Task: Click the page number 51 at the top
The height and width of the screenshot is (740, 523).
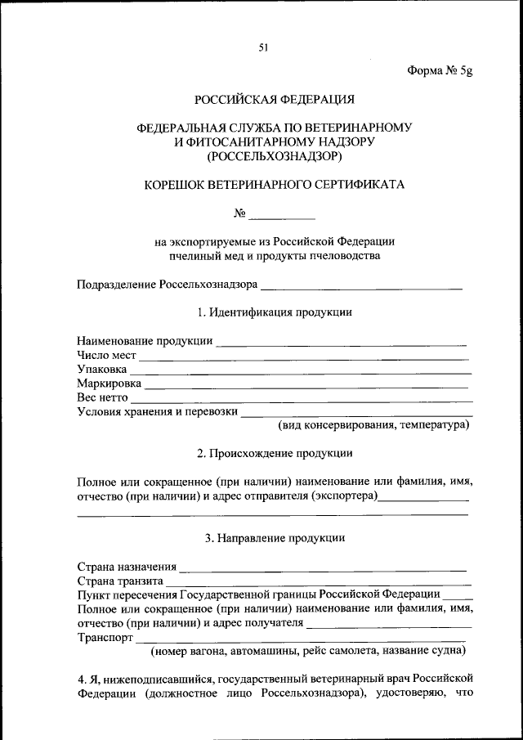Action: coord(264,47)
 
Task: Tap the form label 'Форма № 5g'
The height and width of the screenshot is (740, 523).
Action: coord(440,70)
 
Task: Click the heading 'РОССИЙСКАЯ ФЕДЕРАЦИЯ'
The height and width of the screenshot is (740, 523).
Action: coord(274,100)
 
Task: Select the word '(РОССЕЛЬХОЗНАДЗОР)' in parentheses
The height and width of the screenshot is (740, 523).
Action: coord(274,155)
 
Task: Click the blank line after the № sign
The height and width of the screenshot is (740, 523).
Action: coord(281,217)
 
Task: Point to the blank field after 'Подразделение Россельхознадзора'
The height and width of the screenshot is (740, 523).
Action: coord(361,285)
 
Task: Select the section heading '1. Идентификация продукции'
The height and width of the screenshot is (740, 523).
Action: coord(274,312)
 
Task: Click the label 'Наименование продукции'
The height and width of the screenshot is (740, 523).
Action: coord(145,340)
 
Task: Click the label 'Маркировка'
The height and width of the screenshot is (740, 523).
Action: coord(109,383)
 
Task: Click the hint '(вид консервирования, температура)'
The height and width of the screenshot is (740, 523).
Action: coord(373,426)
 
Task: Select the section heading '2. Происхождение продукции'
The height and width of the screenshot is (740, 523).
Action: coord(274,453)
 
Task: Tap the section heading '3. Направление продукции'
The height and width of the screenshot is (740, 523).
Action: coord(274,538)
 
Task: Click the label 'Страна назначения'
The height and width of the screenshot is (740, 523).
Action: coord(127,566)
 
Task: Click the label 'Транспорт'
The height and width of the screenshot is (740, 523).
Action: coord(105,637)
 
